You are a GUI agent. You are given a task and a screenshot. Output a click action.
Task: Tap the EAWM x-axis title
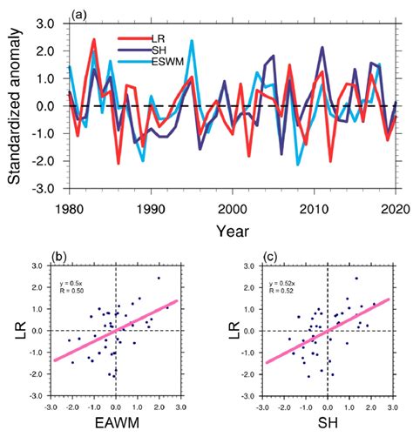(117, 425)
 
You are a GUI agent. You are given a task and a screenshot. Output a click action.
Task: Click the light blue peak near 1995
(192, 41)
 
